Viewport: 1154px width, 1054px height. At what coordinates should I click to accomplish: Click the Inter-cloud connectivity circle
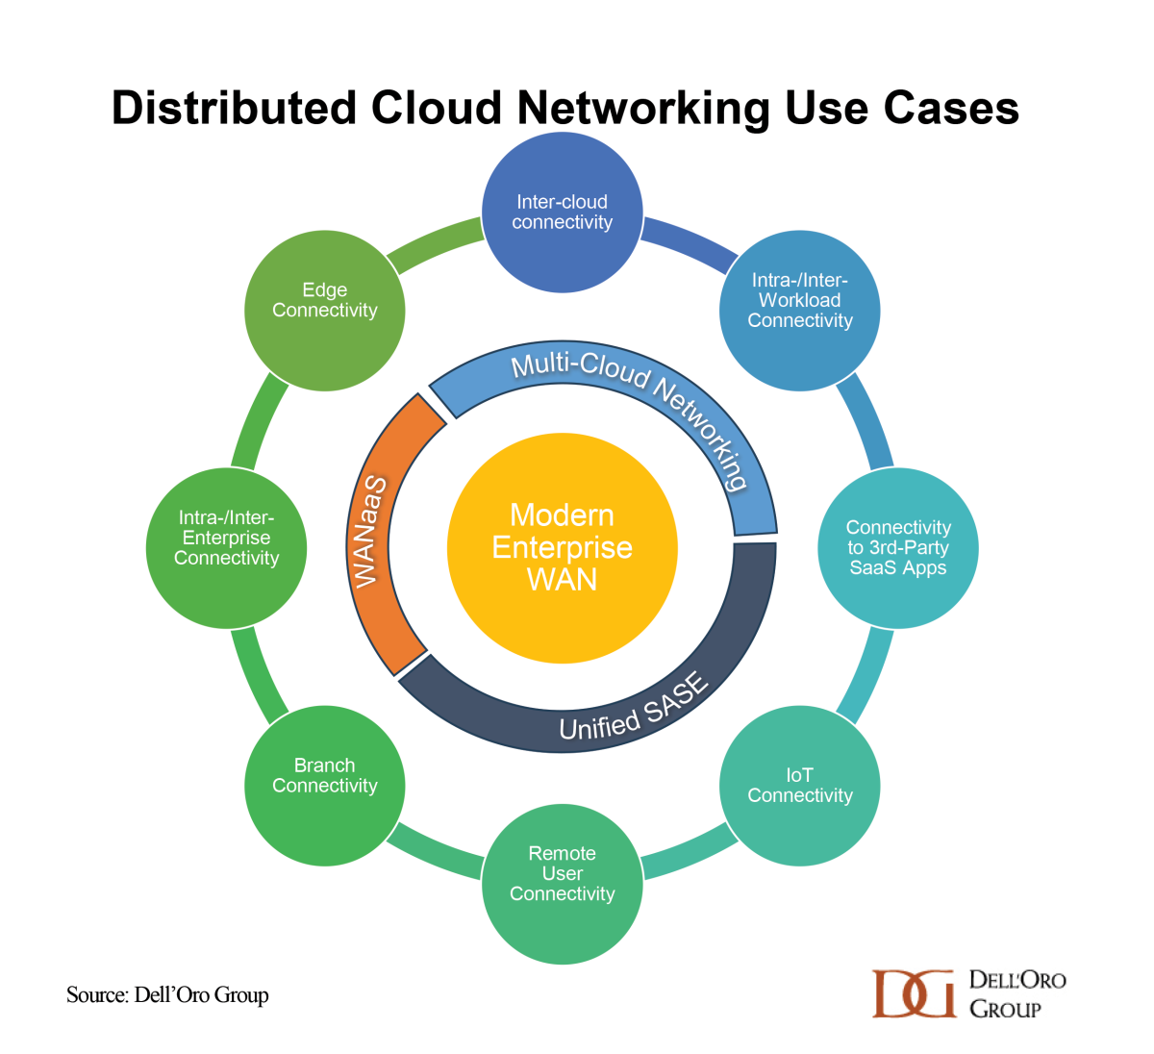tap(562, 213)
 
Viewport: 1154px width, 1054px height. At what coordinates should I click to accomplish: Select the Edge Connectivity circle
tap(325, 311)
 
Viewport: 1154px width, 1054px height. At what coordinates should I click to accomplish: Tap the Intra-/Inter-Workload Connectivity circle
tap(800, 311)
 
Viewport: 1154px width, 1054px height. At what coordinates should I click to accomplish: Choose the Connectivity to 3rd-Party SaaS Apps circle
tap(898, 548)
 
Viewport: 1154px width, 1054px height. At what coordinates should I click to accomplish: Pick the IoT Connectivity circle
tap(800, 786)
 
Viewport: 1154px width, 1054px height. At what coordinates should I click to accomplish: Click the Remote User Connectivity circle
tap(562, 884)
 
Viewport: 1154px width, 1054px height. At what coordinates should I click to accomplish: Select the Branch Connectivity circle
tap(325, 786)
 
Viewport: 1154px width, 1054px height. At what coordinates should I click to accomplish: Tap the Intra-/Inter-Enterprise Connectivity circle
tap(227, 548)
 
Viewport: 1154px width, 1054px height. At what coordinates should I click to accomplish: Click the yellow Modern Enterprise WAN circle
tap(562, 547)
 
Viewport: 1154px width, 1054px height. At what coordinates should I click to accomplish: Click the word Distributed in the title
tap(235, 108)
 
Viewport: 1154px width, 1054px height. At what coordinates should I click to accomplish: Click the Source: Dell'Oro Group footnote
tap(167, 994)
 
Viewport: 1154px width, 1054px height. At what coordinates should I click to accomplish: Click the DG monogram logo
tap(914, 992)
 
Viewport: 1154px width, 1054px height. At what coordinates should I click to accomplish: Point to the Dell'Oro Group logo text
tap(1016, 993)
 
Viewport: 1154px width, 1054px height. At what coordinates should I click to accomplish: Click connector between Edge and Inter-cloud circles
tap(435, 243)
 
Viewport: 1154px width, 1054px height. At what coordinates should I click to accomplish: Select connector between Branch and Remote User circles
tap(435, 850)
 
